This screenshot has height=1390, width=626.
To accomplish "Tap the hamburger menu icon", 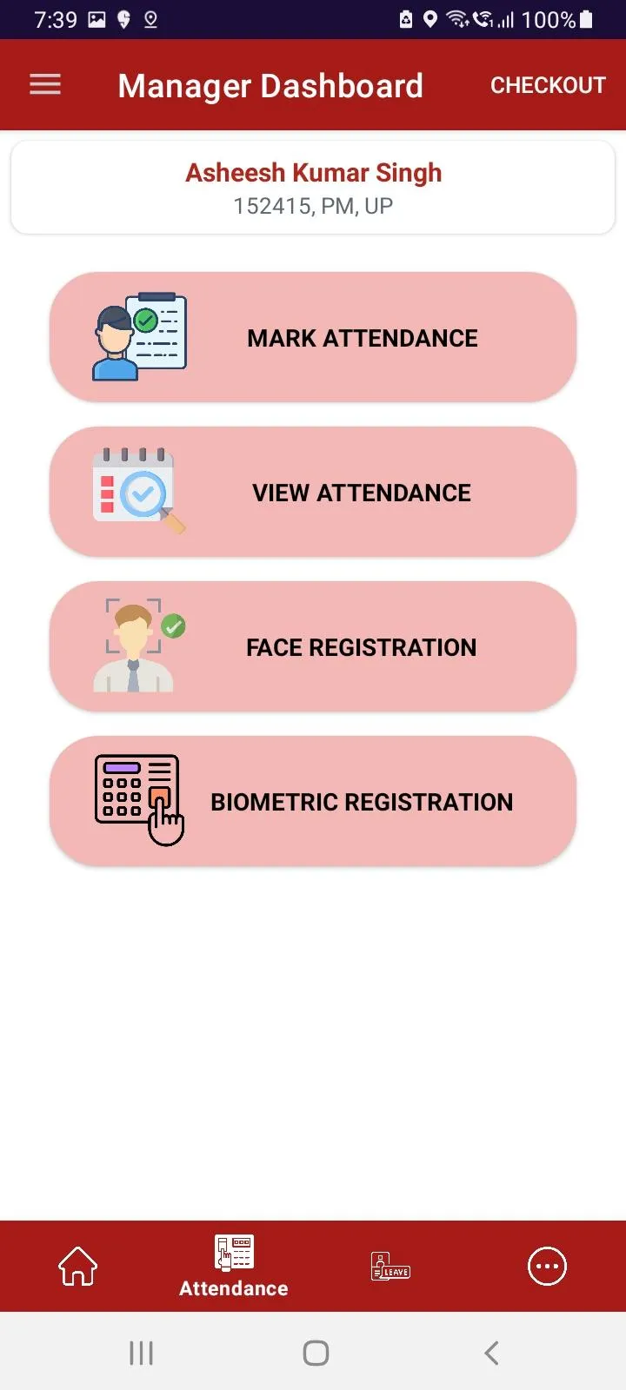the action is click(45, 84).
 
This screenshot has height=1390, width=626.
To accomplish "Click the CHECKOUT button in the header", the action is click(548, 85).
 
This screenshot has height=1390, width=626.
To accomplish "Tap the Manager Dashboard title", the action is click(270, 86).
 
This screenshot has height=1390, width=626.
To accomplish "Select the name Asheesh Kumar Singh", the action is click(314, 173).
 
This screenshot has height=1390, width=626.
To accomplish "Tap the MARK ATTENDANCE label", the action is click(363, 338).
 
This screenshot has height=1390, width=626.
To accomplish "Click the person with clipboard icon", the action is click(139, 336).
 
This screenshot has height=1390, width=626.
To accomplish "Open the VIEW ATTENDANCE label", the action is click(362, 493).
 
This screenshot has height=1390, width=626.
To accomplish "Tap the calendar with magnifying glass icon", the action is click(138, 490).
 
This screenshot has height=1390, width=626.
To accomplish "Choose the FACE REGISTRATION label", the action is click(362, 647).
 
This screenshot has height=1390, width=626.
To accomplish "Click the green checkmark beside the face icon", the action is click(173, 626).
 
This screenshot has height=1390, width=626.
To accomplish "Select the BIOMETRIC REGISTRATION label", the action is click(362, 802).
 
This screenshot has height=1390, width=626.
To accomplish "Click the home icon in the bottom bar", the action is click(77, 1266).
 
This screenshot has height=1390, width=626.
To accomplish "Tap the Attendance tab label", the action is click(234, 1288).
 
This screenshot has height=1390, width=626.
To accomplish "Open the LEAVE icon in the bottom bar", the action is click(390, 1266).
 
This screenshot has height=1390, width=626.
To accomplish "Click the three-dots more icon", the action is click(547, 1266).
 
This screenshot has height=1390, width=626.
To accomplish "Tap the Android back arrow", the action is click(491, 1353).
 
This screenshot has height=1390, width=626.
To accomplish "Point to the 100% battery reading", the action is click(549, 20).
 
